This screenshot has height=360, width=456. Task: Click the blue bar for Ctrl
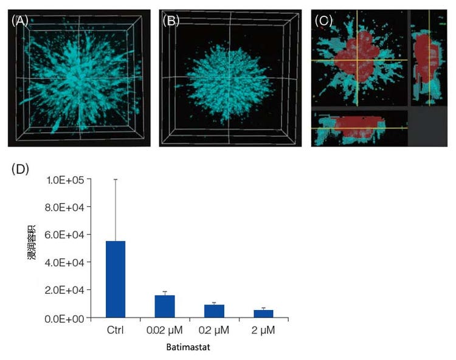coord(116,279)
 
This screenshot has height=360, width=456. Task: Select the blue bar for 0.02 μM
coord(165,306)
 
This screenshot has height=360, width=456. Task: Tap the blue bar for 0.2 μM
coord(215,311)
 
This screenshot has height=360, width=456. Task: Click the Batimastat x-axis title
coord(188,350)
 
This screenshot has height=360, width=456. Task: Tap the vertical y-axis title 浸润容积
coord(32,249)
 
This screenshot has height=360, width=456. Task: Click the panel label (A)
coord(19,20)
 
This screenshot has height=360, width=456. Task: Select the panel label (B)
coord(170,20)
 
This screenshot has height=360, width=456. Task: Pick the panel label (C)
coord(325,20)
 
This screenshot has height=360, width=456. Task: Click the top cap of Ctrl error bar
coord(116,179)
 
